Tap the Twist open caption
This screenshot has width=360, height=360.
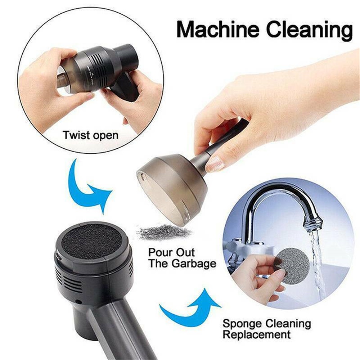pyautogui.click(x=90, y=135)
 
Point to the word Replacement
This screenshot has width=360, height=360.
pyautogui.click(x=256, y=334)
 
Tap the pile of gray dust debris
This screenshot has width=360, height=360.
pyautogui.click(x=164, y=232)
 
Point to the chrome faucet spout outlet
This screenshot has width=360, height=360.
pyautogui.click(x=312, y=223)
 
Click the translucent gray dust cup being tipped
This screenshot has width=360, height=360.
pyautogui.click(x=173, y=187)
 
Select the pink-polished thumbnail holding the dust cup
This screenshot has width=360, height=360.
pyautogui.click(x=215, y=163)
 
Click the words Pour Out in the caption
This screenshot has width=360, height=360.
pyautogui.click(x=171, y=252)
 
